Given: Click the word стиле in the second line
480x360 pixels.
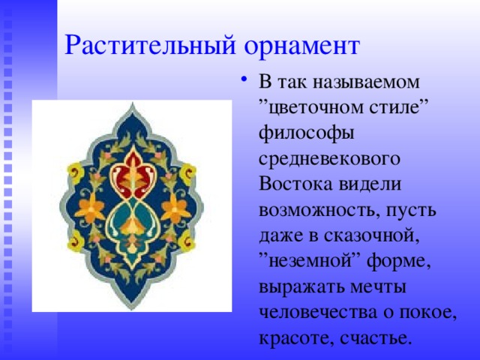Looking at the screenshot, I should (394, 107).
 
